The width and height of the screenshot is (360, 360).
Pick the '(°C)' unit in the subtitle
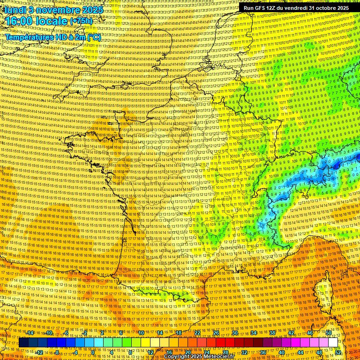(x=94, y=37)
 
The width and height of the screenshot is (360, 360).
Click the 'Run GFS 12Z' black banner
(x=294, y=8)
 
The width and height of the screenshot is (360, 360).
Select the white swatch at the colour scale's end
(x=333, y=343)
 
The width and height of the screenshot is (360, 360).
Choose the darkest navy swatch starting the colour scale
(x=23, y=343)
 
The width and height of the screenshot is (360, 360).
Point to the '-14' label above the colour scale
(x=30, y=333)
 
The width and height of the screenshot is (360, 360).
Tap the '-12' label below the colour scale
(x=40, y=352)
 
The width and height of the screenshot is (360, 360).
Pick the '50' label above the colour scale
(x=329, y=333)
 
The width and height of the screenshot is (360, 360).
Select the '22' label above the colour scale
(x=197, y=333)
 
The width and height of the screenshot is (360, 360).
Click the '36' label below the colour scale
(x=263, y=352)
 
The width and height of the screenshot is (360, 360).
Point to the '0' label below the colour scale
(x=93, y=352)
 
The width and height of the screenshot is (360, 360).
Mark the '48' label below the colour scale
(x=319, y=352)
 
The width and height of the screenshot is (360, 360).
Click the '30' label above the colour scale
(x=235, y=333)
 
